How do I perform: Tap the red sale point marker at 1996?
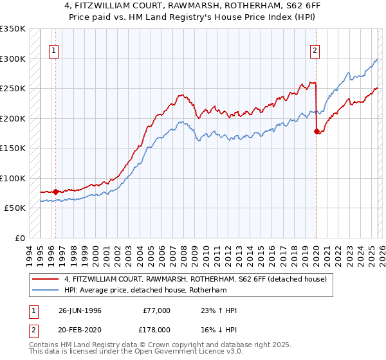click(x=55, y=192)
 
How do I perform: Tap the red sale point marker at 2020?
click(x=317, y=131)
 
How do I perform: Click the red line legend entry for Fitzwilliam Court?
click(x=196, y=279)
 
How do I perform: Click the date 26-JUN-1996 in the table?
click(x=80, y=310)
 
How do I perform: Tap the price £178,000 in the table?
click(x=158, y=328)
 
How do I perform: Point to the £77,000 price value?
click(x=156, y=310)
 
